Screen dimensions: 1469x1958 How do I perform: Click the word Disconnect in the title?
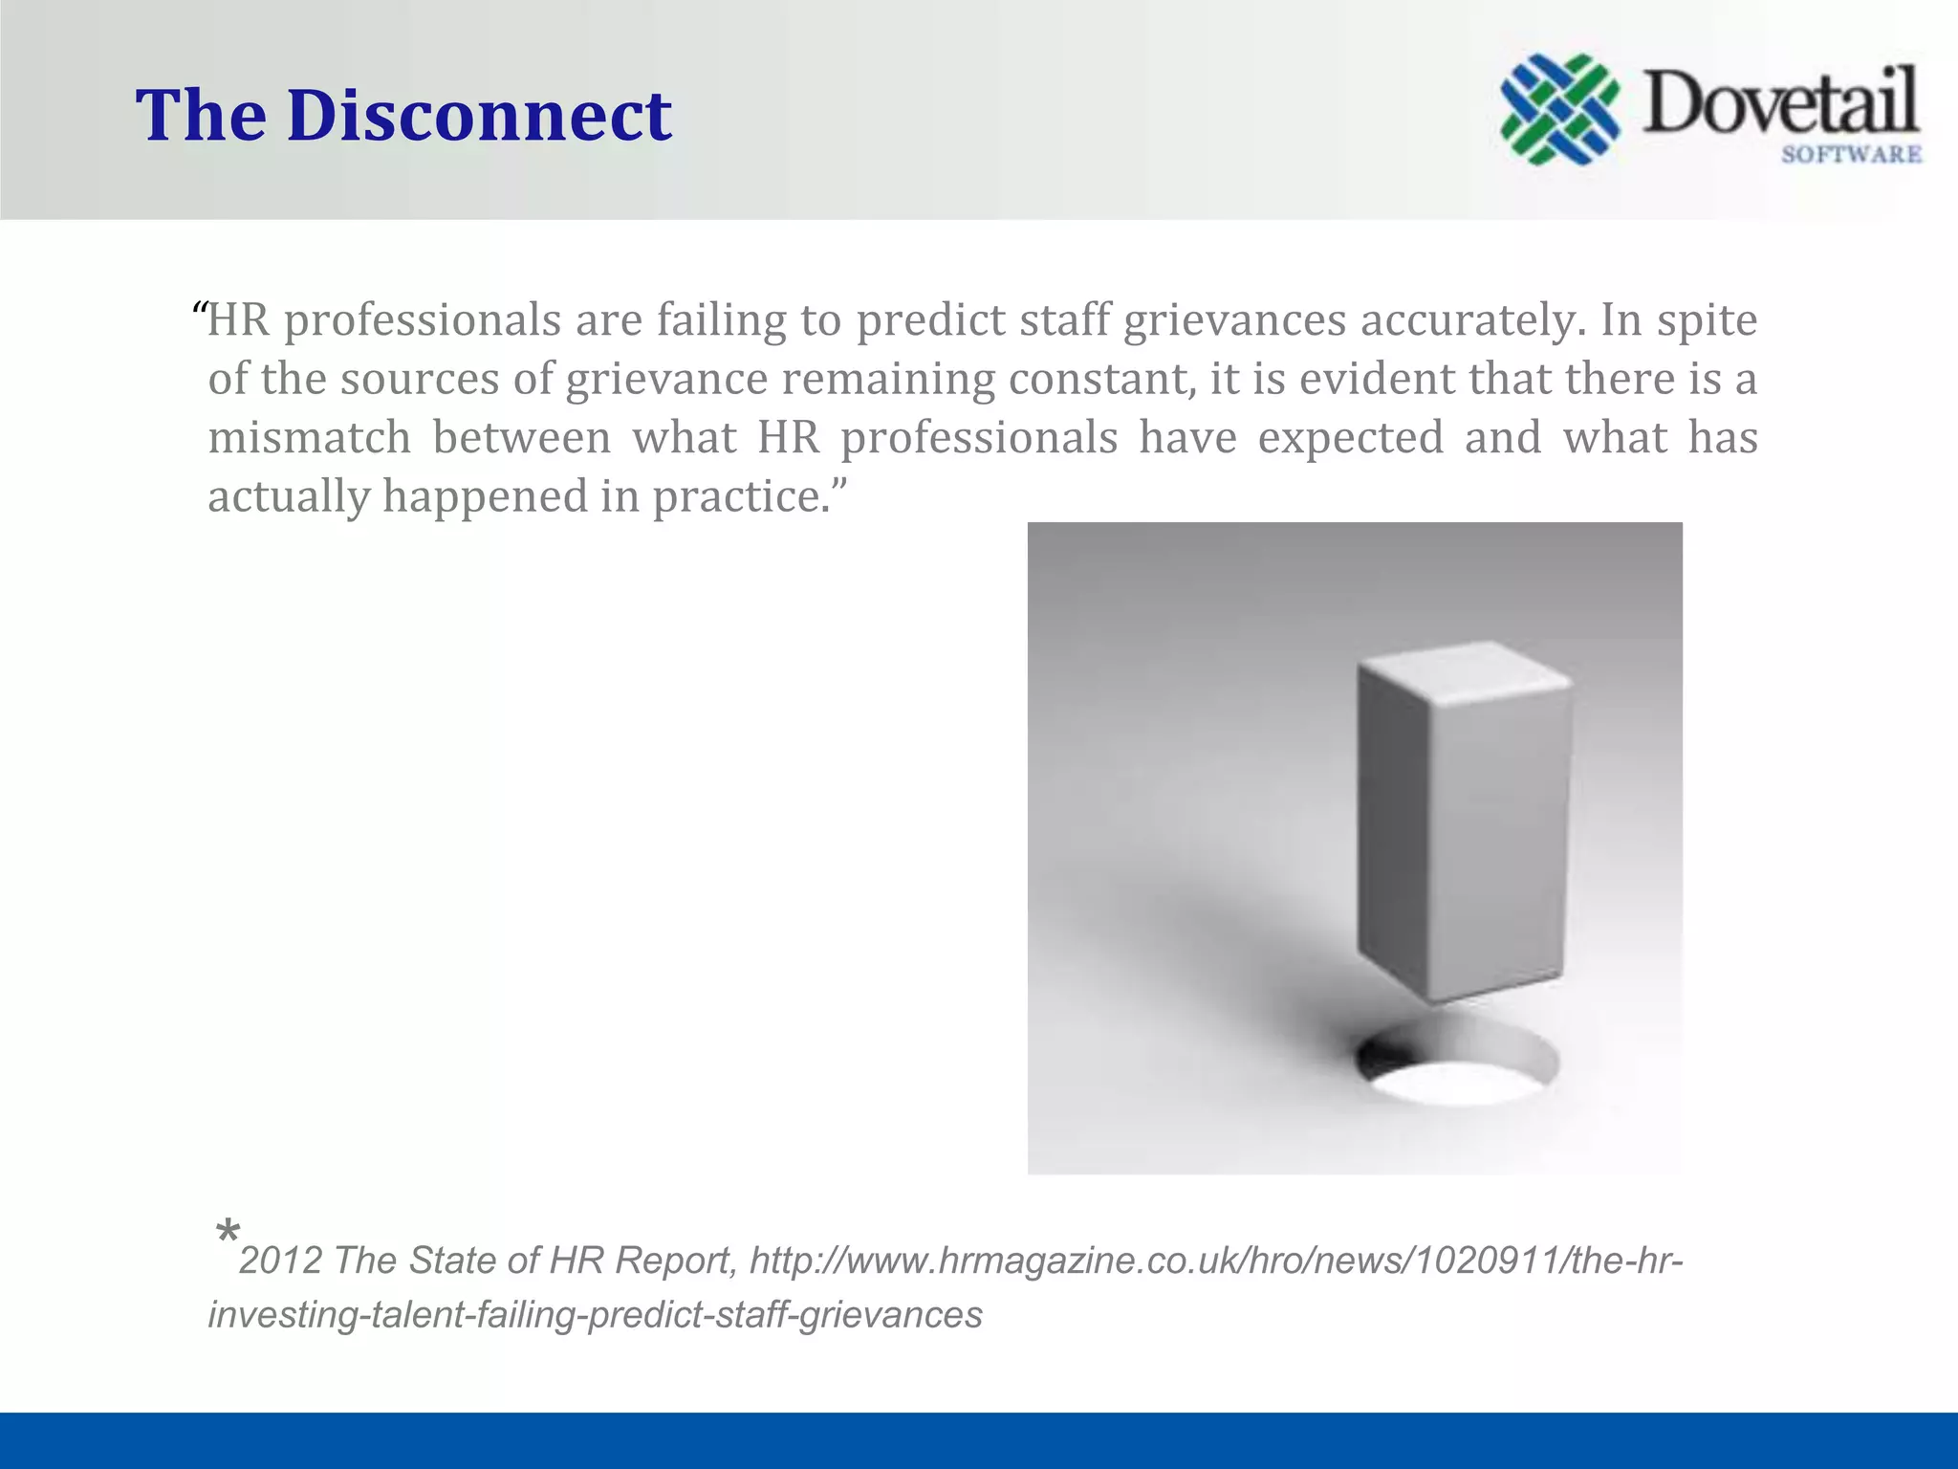click(x=479, y=115)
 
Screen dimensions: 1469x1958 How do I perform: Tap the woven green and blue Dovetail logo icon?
click(x=1559, y=108)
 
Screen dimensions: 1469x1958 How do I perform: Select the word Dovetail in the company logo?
click(x=1780, y=102)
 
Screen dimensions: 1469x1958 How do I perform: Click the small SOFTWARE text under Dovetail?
click(x=1851, y=154)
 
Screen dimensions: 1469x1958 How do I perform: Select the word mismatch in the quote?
click(x=310, y=438)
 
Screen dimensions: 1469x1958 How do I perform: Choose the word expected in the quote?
click(x=1350, y=438)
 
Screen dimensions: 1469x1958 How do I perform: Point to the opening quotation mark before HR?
click(x=200, y=311)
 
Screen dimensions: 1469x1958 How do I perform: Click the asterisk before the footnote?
click(x=228, y=1232)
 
